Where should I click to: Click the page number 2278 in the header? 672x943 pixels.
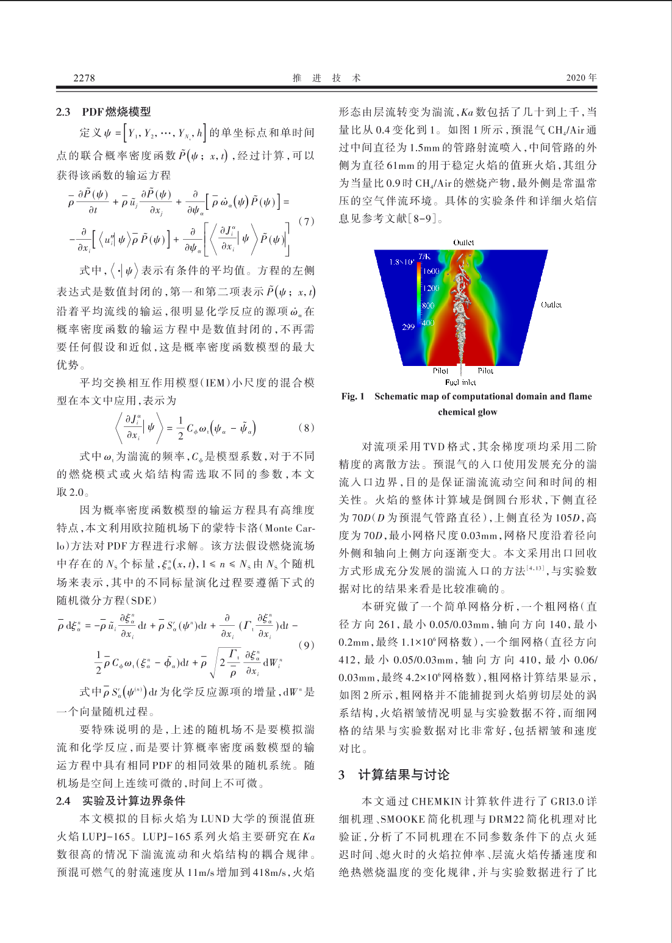point(84,77)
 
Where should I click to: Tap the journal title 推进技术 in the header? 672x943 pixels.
point(326,77)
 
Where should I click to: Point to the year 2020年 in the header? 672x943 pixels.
point(581,77)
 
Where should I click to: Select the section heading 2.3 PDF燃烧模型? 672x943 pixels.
point(104,112)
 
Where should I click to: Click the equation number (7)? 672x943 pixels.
point(306,221)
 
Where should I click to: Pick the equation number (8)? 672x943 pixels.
point(306,427)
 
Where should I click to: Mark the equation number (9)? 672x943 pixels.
point(306,645)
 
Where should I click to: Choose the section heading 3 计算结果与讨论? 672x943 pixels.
point(395,775)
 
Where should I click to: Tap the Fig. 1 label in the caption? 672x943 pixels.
point(353,396)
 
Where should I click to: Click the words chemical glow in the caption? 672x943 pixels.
point(468,412)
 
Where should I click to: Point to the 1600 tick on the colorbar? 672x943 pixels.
point(431,271)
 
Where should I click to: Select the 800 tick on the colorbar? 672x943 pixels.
point(429,305)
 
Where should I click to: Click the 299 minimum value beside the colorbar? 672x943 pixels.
point(408,327)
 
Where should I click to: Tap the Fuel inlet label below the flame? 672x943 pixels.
point(460,382)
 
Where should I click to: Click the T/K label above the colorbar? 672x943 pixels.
point(424,256)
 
